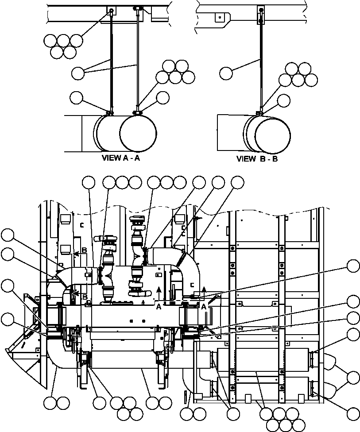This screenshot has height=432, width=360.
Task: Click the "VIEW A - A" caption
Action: click(121, 158)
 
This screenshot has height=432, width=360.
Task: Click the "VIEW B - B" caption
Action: click(257, 158)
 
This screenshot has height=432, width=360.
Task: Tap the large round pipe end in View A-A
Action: click(138, 133)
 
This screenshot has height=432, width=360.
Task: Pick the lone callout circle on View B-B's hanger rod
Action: click(226, 72)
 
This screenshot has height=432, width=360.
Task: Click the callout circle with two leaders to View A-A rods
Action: click(78, 73)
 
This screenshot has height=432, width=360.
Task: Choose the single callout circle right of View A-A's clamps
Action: click(163, 97)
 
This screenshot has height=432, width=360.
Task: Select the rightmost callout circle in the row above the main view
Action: click(238, 182)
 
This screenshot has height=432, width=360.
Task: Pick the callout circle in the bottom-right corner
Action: click(353, 414)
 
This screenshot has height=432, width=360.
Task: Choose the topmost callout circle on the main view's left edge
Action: click(7, 234)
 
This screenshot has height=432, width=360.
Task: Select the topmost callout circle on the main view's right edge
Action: click(353, 266)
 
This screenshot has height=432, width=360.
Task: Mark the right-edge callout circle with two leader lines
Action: click(353, 378)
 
